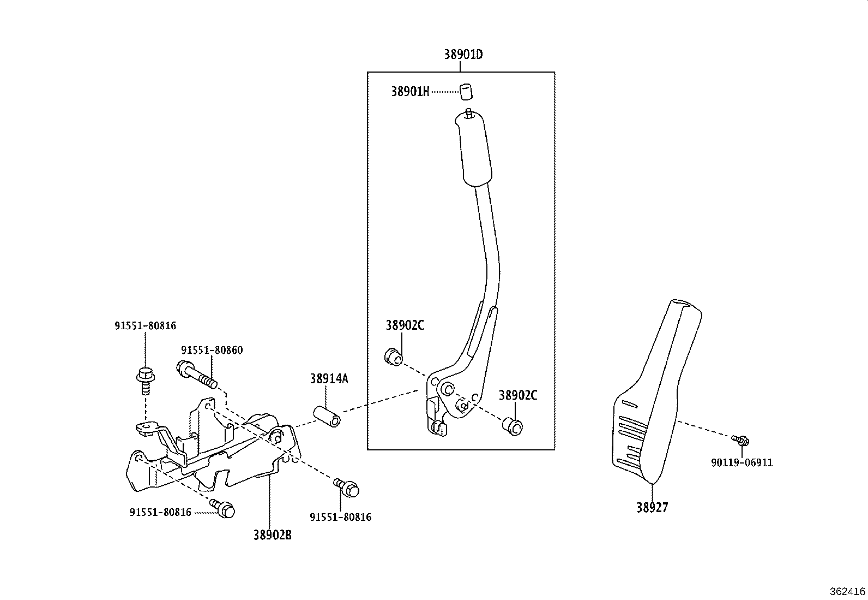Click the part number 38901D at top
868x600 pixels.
(x=463, y=55)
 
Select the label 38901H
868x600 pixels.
(x=409, y=92)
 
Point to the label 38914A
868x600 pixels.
(x=329, y=378)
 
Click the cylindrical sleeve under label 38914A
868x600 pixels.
(x=327, y=416)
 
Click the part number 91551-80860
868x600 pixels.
(x=212, y=350)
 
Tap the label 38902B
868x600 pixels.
(x=272, y=535)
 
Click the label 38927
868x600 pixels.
(x=652, y=508)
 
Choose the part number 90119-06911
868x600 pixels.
(x=742, y=463)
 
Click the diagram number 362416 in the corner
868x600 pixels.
(x=847, y=591)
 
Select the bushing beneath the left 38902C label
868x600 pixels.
(x=393, y=357)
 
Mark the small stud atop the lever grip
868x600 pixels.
(x=469, y=114)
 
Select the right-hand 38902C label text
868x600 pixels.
(x=517, y=395)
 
